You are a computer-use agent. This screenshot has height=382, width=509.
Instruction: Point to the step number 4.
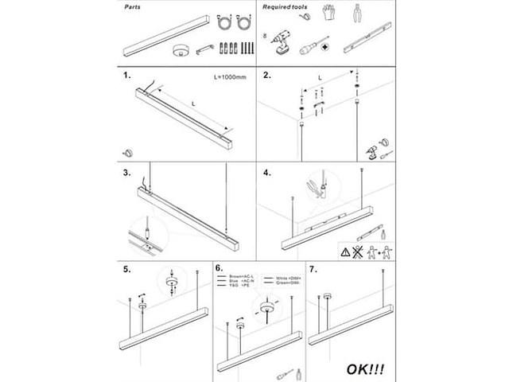267,172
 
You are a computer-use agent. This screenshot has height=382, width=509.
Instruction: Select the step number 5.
127,269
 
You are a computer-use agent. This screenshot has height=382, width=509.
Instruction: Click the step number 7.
312,269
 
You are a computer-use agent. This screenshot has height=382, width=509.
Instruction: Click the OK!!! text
365,369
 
